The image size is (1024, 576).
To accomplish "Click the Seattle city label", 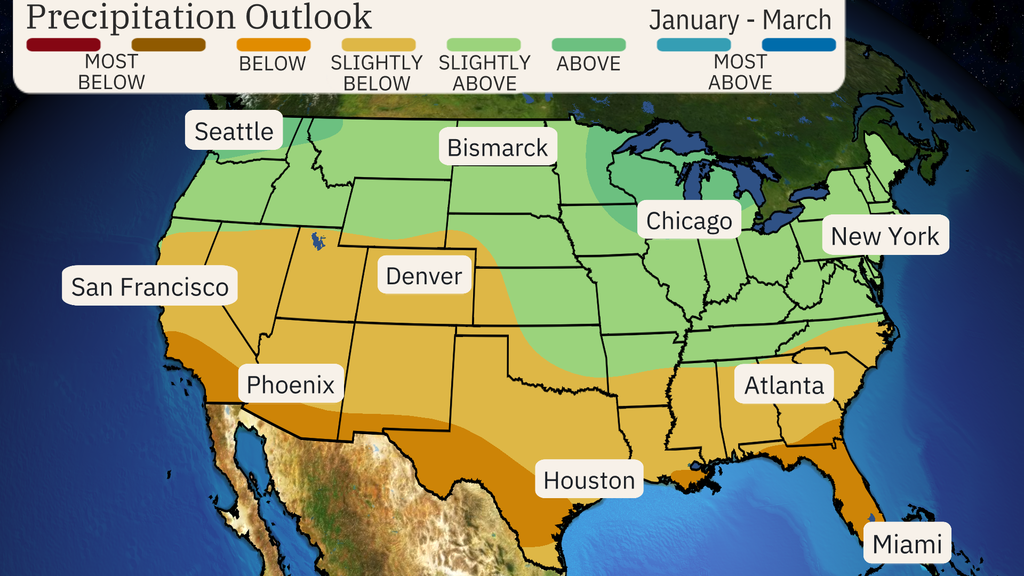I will (234, 131).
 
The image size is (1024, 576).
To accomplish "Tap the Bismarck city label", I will (498, 147).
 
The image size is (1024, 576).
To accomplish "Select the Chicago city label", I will (689, 220).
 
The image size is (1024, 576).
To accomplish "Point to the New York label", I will (885, 236).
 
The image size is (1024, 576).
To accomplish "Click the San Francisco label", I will (150, 286).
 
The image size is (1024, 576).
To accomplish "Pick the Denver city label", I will (424, 275).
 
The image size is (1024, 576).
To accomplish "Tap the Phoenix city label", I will (291, 384).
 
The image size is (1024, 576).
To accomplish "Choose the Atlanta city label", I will (784, 385).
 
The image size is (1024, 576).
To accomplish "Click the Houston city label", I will (589, 479).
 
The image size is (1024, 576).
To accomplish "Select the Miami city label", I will (907, 543).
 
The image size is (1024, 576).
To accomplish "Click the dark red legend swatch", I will (63, 45).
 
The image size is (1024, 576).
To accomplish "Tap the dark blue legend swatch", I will (798, 45).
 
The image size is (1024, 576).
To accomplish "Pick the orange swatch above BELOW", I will (273, 45).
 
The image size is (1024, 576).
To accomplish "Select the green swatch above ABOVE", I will (588, 45).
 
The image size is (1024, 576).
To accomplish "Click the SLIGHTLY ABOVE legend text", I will (484, 73).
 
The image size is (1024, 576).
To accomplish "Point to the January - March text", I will (740, 20).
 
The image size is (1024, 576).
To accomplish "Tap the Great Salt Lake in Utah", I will (318, 241).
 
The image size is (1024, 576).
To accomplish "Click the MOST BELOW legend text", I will (111, 72).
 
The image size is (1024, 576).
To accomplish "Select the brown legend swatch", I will (169, 45).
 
